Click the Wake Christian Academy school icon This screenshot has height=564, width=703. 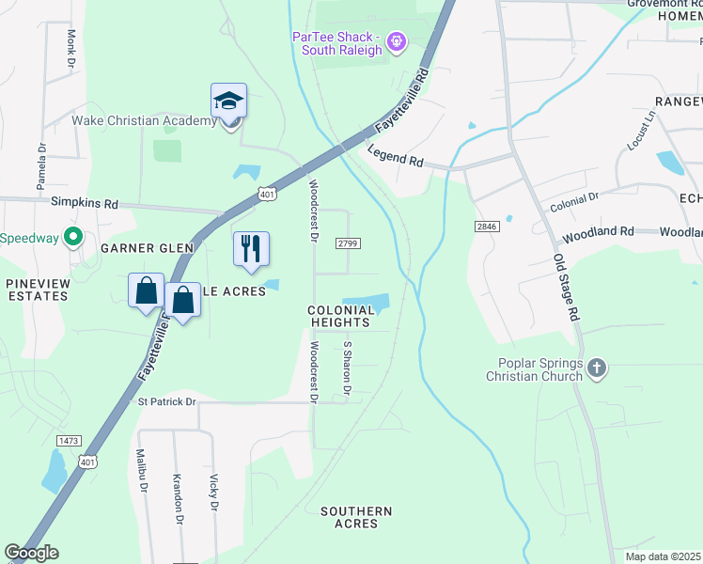click(x=228, y=102)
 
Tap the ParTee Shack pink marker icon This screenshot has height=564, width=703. click(x=397, y=40)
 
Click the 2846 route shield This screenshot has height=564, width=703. click(x=487, y=227)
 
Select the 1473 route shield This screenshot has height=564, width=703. click(x=68, y=440)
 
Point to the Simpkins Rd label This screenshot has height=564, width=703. click(x=85, y=203)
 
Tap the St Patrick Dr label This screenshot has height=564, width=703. click(x=167, y=401)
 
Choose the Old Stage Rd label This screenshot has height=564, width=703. click(x=565, y=289)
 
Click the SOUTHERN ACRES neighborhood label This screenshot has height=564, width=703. click(x=356, y=517)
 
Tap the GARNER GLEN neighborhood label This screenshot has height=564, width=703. click(x=148, y=248)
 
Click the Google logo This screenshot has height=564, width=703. click(x=31, y=553)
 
